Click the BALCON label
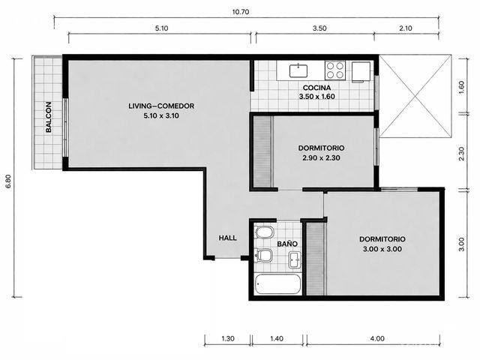point(49,117)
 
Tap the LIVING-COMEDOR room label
point(161,106)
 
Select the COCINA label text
point(316,88)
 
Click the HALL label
point(227,238)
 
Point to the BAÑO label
point(287,244)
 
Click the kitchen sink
point(298,70)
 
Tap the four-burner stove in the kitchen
point(335,70)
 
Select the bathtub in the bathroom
point(278,284)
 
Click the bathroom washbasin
point(295,260)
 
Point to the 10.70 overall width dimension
point(241,12)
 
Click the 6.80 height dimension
point(8,181)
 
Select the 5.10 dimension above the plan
point(161,28)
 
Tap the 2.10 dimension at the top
point(406,28)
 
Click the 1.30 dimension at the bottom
point(228,338)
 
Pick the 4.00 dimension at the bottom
point(377,338)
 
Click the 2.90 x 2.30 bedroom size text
point(321,158)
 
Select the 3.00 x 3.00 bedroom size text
point(382,249)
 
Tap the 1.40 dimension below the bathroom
point(277,338)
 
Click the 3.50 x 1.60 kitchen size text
point(316,97)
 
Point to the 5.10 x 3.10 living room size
point(161,115)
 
